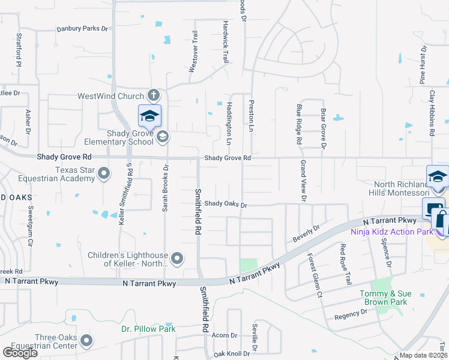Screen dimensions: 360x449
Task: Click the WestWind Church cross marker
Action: click(x=154, y=95)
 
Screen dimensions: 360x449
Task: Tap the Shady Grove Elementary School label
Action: click(x=122, y=137)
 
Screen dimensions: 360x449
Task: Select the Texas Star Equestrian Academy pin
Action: click(x=103, y=174)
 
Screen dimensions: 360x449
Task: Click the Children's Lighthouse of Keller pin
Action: click(x=176, y=259)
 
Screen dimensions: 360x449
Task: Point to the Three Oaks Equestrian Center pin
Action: click(x=86, y=341)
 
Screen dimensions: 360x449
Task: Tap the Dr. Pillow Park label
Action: click(x=148, y=329)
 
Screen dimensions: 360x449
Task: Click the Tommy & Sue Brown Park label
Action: click(x=384, y=298)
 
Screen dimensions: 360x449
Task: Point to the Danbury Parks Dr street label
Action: click(x=82, y=28)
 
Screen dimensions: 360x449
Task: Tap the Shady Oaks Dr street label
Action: click(x=226, y=204)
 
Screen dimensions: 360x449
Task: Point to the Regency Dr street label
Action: click(x=351, y=314)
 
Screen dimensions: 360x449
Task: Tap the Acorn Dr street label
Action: click(x=221, y=335)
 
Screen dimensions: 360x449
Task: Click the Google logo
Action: click(x=20, y=353)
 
